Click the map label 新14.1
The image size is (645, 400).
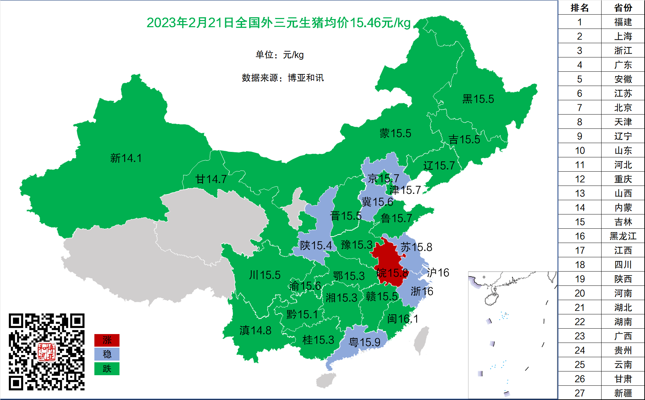126,158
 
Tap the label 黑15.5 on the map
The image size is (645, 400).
478,99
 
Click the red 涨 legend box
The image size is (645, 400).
107,340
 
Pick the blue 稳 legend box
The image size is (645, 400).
107,354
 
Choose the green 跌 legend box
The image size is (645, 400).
107,369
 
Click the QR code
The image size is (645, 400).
47,352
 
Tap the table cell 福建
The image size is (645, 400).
623,22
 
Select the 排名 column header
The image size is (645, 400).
579,7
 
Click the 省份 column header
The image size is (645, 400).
623,7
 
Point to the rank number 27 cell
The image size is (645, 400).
579,393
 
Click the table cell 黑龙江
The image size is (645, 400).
623,236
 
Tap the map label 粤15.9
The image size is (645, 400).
365,342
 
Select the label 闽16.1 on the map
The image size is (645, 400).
403,319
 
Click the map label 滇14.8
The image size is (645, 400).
255,330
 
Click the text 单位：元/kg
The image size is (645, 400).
279,55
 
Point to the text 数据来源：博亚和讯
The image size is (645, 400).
282,78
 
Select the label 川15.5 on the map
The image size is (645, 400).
264,275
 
